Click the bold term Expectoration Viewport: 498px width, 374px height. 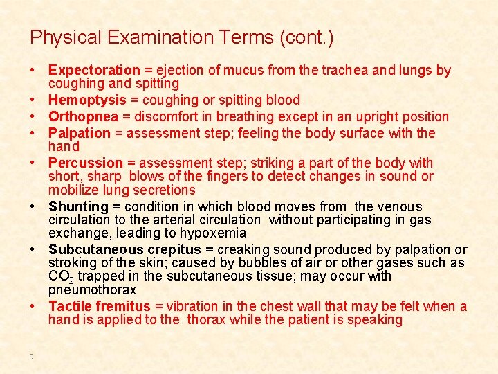(94, 70)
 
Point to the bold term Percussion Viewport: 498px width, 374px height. (85, 163)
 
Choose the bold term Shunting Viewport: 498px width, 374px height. (79, 206)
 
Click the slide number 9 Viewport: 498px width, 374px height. (32, 357)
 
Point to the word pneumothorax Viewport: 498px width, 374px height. (92, 290)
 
